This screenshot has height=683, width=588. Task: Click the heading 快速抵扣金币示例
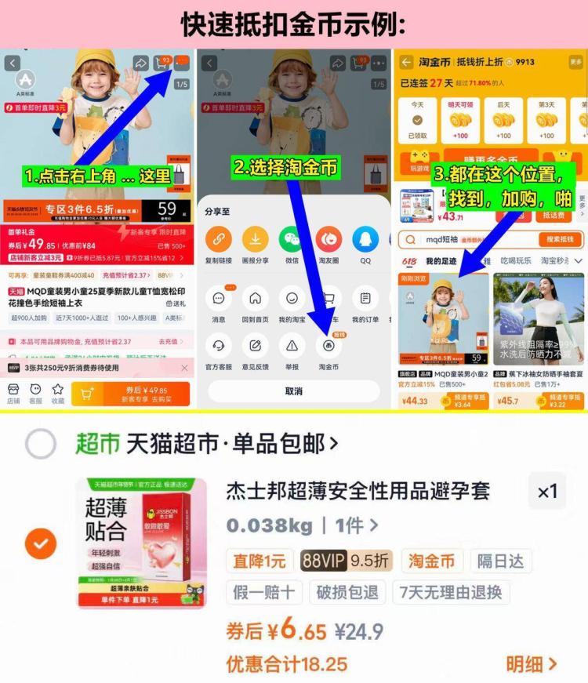[293, 24]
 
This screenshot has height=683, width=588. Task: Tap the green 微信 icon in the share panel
[292, 239]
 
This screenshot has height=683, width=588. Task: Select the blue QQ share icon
[365, 239]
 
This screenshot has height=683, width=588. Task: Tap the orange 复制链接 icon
[219, 239]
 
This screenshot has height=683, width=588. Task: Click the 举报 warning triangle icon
[292, 346]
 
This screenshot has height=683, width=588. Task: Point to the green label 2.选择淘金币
[285, 166]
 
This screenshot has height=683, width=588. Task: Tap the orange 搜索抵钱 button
[561, 239]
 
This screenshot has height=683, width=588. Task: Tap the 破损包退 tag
[347, 592]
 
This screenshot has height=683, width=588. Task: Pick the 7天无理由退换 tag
[451, 592]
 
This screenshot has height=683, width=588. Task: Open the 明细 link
[531, 664]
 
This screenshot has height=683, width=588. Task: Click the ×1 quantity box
[547, 492]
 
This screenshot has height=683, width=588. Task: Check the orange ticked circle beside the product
[41, 543]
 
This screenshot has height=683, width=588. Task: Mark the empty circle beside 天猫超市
[41, 444]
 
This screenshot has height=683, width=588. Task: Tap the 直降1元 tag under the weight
[259, 561]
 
